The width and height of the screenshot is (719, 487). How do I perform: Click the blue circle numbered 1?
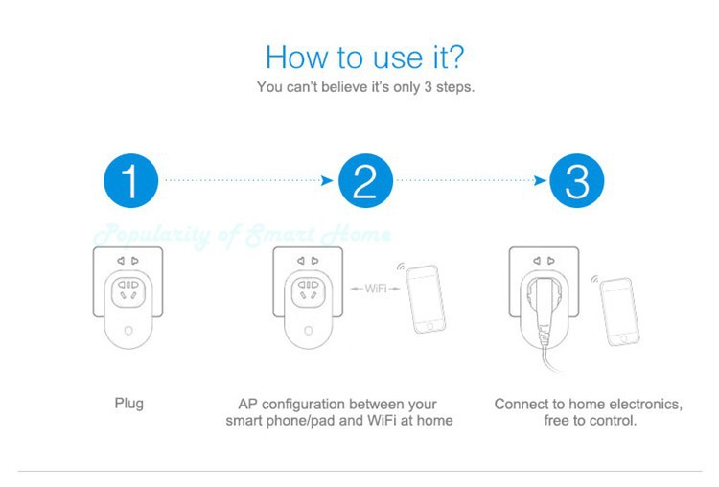(x=131, y=180)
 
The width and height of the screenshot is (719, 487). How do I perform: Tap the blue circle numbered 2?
(x=365, y=180)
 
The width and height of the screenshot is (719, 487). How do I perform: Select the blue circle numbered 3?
(x=577, y=180)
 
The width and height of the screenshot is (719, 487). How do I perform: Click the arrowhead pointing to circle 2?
(x=327, y=180)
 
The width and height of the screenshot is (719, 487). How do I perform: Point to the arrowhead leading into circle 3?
(x=540, y=180)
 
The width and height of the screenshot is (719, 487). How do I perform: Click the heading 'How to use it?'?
(x=365, y=58)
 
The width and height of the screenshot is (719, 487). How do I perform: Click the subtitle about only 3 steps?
(x=365, y=87)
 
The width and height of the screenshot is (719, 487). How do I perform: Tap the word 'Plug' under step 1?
(x=128, y=404)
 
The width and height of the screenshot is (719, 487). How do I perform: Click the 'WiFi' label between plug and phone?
(x=376, y=289)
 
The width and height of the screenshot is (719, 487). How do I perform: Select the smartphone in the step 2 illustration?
(x=426, y=299)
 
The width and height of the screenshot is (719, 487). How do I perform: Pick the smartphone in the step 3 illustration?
(x=619, y=312)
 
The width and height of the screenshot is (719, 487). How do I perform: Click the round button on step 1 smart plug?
(x=128, y=331)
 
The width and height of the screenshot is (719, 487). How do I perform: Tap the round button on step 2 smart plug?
(x=308, y=331)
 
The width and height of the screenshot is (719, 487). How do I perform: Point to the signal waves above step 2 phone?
(x=401, y=266)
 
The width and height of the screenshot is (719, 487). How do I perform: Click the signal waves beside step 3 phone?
(x=594, y=279)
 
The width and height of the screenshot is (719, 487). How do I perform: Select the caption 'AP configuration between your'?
(x=337, y=404)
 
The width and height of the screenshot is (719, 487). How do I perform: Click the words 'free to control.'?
(x=591, y=420)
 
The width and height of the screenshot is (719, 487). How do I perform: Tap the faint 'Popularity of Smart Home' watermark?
(x=243, y=236)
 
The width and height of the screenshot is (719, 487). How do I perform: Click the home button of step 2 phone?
(x=429, y=326)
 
